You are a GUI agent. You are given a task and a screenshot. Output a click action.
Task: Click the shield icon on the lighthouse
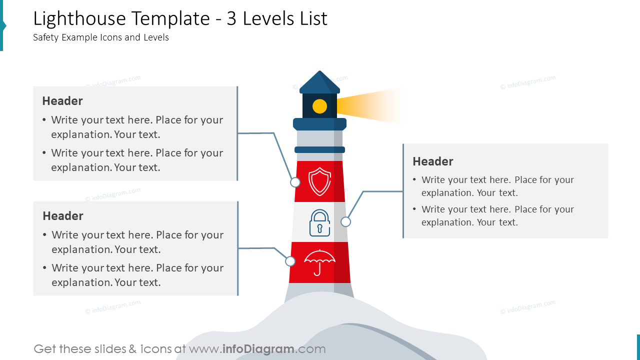point(319,181)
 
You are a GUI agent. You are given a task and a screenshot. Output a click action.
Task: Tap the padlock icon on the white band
point(319,222)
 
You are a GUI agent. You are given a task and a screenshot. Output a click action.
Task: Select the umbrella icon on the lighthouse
point(319,261)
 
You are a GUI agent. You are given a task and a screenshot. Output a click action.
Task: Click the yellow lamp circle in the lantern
point(319,106)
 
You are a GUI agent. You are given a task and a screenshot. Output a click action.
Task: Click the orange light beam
point(370,106)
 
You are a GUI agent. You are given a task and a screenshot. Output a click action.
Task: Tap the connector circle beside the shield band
point(295,182)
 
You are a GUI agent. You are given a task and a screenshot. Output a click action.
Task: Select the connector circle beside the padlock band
point(345,221)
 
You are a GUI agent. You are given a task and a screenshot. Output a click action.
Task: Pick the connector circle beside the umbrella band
point(290,261)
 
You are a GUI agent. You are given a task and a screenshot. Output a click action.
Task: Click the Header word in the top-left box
point(62,101)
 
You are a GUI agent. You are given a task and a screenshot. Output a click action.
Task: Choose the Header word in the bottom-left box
point(63,216)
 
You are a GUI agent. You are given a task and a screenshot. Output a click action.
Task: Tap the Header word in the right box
point(433,161)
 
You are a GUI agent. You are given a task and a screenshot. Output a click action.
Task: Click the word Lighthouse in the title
point(79,19)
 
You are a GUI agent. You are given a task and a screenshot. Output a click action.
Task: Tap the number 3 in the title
point(231,19)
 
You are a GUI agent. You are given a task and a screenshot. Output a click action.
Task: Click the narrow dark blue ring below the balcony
point(319,149)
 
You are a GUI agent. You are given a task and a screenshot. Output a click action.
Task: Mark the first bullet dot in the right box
point(414,180)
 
